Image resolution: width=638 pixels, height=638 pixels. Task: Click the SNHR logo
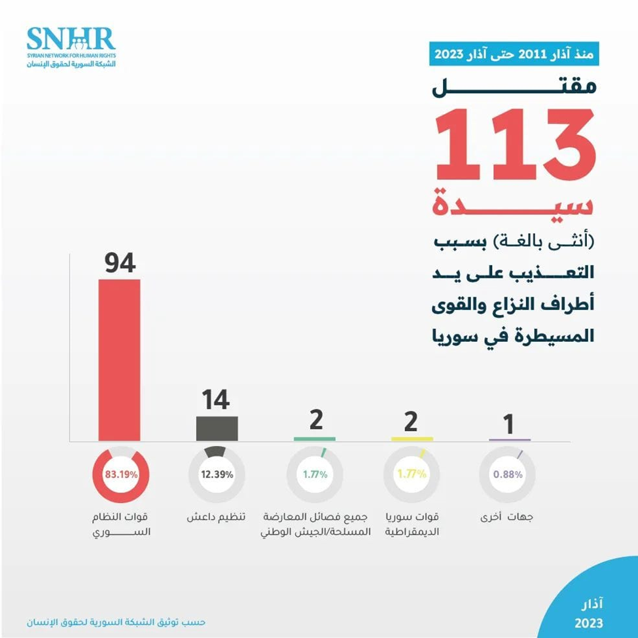point(71,47)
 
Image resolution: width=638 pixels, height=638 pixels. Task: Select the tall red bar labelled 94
point(119,360)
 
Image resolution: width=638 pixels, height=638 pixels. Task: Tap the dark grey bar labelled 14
point(217,428)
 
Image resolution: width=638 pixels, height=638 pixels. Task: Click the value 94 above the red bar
point(119,263)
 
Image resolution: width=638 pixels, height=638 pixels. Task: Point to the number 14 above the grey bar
point(215,400)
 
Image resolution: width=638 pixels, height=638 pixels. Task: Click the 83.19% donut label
point(122,475)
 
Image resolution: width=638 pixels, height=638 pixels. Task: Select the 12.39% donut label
point(217,475)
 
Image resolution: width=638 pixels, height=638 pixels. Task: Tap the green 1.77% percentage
point(315,475)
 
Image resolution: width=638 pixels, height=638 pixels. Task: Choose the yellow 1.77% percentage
point(412,475)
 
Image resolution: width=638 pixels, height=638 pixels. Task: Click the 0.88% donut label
point(508,475)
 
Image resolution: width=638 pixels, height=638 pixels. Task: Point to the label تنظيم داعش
point(215,517)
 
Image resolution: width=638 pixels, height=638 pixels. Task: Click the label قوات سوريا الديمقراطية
point(412,524)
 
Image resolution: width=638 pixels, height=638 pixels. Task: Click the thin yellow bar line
point(412,438)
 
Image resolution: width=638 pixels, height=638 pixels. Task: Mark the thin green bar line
point(315,438)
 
